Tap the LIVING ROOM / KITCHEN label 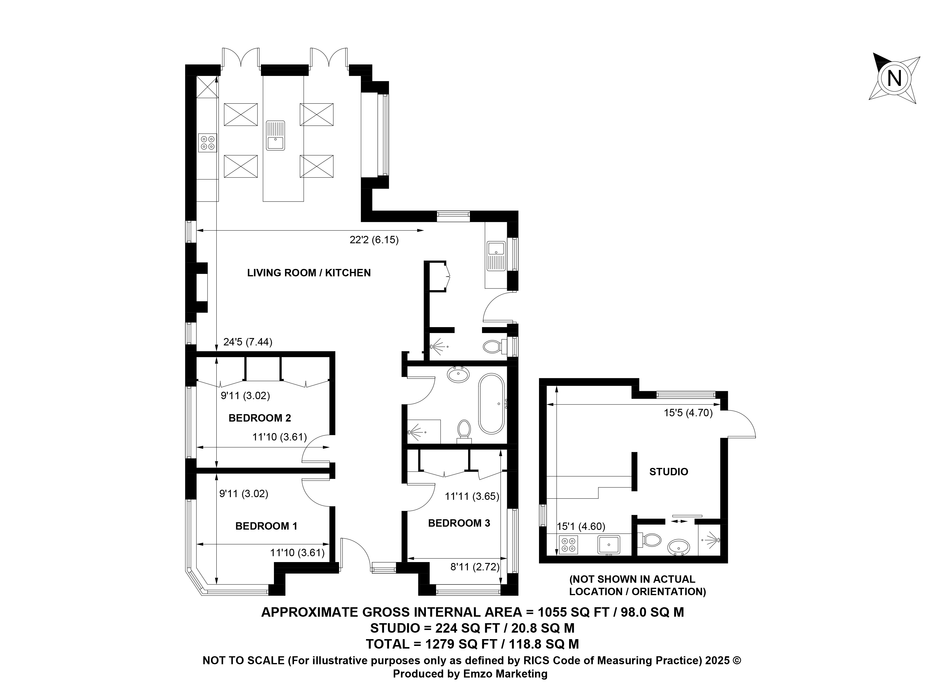(x=309, y=273)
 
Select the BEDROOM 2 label (x=260, y=418)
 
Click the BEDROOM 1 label (x=266, y=526)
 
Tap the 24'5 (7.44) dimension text (x=248, y=342)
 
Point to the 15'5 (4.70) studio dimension (x=688, y=413)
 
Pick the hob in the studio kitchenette (x=568, y=545)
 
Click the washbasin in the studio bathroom (x=679, y=547)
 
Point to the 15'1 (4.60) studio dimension (x=581, y=527)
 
